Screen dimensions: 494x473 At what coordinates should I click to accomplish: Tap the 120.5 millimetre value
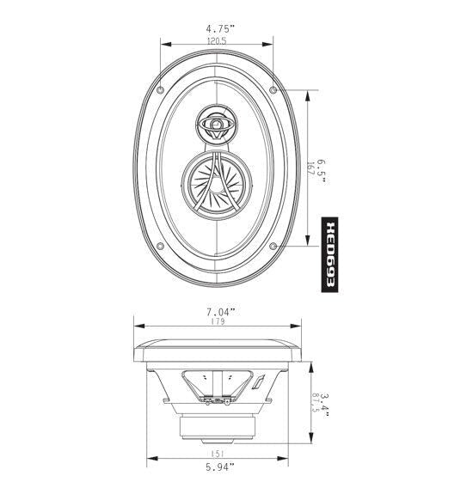pyautogui.click(x=217, y=41)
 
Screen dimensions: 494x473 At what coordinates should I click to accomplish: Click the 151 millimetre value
pyautogui.click(x=217, y=455)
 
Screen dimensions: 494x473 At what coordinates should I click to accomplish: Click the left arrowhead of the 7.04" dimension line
pyautogui.click(x=136, y=325)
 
